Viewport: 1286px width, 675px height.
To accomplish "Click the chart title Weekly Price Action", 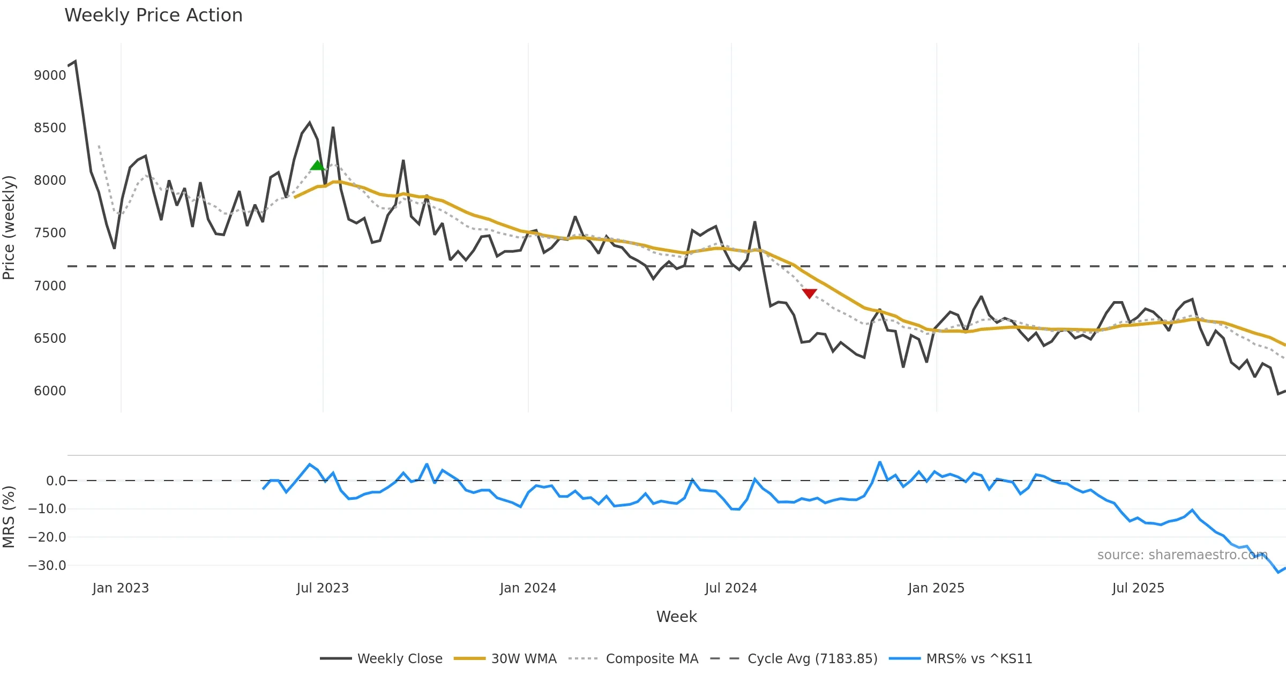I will pos(153,15).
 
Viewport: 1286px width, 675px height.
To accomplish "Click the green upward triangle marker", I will pos(317,166).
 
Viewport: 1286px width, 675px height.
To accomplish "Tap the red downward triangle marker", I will pos(809,293).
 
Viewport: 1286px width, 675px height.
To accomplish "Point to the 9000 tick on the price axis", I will pos(50,75).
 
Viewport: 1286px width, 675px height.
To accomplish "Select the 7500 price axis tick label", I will pos(50,233).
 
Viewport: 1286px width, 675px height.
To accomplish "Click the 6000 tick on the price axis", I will pos(50,391).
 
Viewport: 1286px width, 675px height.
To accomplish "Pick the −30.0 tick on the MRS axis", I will pos(47,566).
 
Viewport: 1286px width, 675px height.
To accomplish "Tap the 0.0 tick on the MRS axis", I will pos(56,481).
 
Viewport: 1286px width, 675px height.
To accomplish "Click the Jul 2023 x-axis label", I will pos(323,588).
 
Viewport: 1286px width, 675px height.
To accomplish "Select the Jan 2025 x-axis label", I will pos(936,588).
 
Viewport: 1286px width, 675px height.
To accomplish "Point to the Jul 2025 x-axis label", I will pos(1138,588).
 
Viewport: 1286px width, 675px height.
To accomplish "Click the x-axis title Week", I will pos(676,617).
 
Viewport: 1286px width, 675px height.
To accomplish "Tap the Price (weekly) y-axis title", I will pos(9,228).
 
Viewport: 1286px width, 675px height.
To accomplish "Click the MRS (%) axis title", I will pos(9,516).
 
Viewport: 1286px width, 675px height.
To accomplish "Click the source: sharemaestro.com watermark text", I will pos(1182,555).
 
